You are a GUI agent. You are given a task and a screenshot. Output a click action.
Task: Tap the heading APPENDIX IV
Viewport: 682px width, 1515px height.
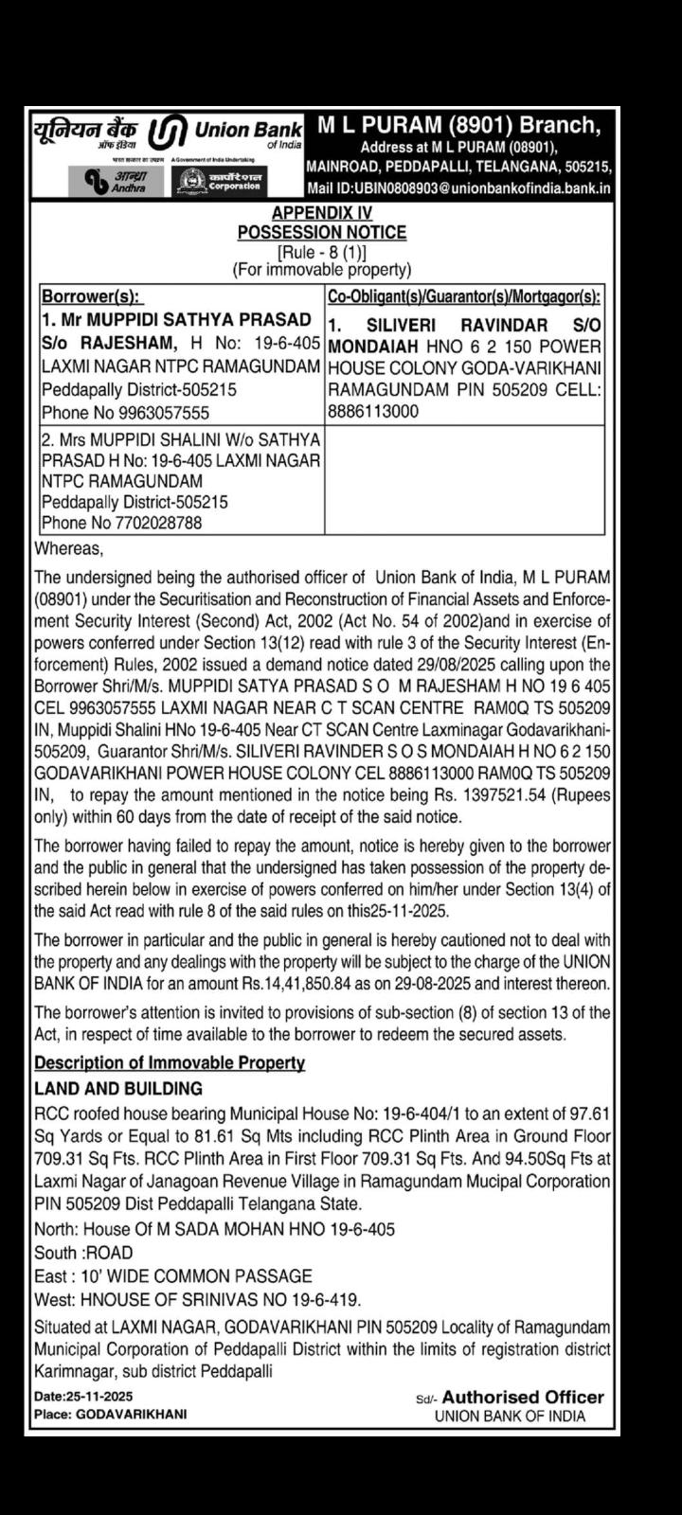[x=321, y=214]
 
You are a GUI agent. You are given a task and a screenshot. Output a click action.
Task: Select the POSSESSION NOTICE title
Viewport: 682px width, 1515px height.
[x=321, y=232]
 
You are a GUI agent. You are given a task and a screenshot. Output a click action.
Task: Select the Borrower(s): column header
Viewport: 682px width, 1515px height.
[x=92, y=296]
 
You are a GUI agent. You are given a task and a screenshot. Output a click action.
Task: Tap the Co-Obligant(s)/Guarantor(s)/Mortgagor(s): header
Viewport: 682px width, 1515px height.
[x=464, y=296]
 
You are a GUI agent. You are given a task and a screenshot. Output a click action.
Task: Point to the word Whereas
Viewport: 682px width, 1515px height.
[x=69, y=548]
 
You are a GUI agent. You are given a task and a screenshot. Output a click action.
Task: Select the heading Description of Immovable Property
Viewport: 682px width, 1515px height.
[x=170, y=1062]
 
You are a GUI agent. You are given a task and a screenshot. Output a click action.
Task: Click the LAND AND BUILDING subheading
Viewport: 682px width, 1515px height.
[x=118, y=1089]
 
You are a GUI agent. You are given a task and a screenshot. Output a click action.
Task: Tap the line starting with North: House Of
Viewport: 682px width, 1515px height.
[x=214, y=1229]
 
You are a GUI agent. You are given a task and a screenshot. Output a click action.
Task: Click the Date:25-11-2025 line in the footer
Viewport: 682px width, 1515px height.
[x=83, y=1397]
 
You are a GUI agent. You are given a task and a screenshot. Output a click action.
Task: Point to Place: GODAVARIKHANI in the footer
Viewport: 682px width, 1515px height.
[x=111, y=1414]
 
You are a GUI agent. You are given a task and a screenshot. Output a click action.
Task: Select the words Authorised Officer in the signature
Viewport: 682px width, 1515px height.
[x=523, y=1397]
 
